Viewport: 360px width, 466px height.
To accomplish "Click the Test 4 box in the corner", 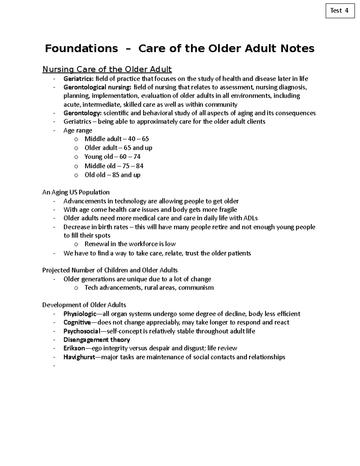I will point(340,11).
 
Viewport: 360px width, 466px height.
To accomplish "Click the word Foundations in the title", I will point(81,48).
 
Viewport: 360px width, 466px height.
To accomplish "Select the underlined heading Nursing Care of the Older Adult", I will point(107,69).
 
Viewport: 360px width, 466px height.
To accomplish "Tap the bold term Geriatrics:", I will point(79,79).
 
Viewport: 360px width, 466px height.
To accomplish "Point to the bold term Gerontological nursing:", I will point(97,87).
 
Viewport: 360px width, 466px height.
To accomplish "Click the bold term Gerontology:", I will point(82,113).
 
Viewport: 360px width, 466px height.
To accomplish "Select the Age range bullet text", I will point(78,131).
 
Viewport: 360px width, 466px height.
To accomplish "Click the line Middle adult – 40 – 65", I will point(116,139).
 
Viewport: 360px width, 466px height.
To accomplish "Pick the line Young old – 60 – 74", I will point(112,157).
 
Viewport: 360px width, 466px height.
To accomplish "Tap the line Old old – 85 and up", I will point(112,175).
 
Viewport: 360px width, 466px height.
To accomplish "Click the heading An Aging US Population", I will point(76,192).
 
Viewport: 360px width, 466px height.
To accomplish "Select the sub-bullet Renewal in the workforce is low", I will point(130,244).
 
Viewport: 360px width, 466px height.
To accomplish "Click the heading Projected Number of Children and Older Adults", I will point(110,270).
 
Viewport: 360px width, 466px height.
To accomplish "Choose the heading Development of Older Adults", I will point(84,305).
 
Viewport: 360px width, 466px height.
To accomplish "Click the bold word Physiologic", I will point(80,314).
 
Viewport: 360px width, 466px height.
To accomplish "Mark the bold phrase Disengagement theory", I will point(97,340).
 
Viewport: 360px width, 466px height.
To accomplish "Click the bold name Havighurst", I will point(79,357).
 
